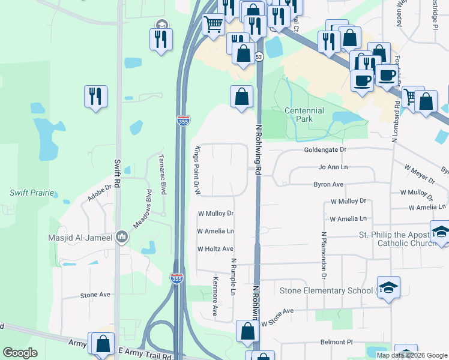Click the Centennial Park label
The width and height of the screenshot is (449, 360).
[x=304, y=115]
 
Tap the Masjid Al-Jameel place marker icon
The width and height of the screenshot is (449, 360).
[x=122, y=237]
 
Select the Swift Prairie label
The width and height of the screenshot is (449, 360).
[x=32, y=193]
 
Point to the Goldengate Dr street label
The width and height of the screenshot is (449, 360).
[x=325, y=149]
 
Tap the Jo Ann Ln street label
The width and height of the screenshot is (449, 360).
[x=333, y=167]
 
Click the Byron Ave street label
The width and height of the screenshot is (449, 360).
[x=328, y=184]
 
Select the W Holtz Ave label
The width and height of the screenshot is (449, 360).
[x=215, y=248]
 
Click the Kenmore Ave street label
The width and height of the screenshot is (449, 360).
[x=214, y=296]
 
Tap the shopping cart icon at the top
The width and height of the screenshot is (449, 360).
[x=213, y=25]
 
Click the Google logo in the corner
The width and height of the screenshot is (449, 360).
[x=20, y=353]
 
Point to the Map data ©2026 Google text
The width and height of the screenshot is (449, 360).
[x=412, y=355]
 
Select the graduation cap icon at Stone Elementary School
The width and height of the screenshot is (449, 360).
[x=388, y=287]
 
